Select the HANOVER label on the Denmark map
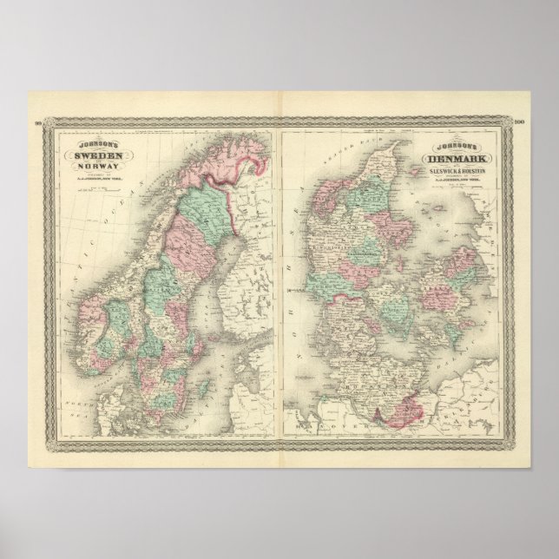[x=323, y=425]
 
